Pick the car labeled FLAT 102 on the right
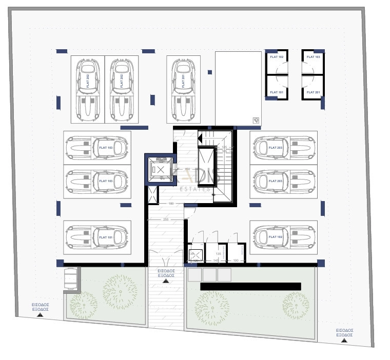[283, 237]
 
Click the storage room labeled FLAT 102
[277, 61]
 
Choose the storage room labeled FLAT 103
[313, 61]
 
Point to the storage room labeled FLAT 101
[277, 88]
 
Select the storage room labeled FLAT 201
[313, 88]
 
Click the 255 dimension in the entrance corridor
[166, 219]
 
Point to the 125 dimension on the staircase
[224, 147]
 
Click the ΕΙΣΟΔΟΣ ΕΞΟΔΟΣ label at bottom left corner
[40, 307]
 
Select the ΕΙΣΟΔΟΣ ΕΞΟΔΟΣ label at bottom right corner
[344, 332]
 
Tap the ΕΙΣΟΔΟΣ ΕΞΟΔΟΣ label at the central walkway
[166, 273]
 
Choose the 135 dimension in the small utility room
[218, 253]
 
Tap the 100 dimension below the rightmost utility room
[236, 261]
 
